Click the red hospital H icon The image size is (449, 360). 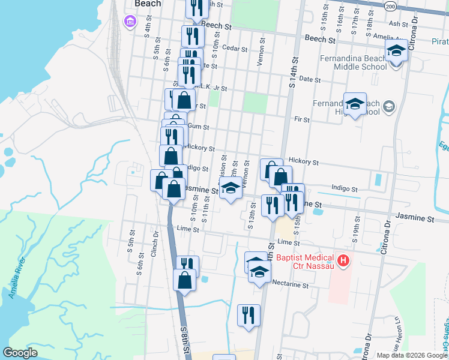[343, 260]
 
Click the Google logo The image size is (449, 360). [20, 353]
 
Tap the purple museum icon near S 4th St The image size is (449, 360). [129, 23]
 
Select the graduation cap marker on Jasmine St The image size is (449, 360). [230, 188]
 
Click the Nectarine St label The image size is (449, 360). [289, 285]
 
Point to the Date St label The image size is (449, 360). [310, 79]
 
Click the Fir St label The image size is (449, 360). [301, 119]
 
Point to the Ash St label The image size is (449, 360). [398, 23]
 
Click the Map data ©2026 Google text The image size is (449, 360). [411, 355]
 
